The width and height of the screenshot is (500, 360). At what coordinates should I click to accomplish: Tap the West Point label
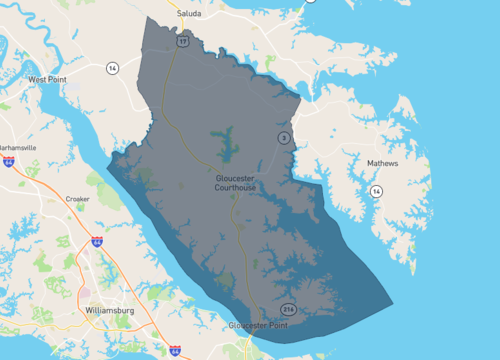click(48, 79)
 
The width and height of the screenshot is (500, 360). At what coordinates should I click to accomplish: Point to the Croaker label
click(77, 199)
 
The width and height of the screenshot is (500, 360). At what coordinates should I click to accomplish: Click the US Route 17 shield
click(183, 43)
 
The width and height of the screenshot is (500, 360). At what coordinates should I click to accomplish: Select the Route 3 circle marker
click(284, 138)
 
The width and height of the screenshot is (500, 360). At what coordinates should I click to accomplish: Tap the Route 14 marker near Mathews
click(376, 190)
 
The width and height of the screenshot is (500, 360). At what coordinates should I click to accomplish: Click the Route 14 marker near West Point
click(113, 68)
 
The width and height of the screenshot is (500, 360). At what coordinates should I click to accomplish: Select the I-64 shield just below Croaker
click(96, 241)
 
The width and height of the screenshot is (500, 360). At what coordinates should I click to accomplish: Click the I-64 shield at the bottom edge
click(176, 351)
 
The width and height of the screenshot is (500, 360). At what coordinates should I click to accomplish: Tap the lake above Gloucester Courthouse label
click(224, 142)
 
